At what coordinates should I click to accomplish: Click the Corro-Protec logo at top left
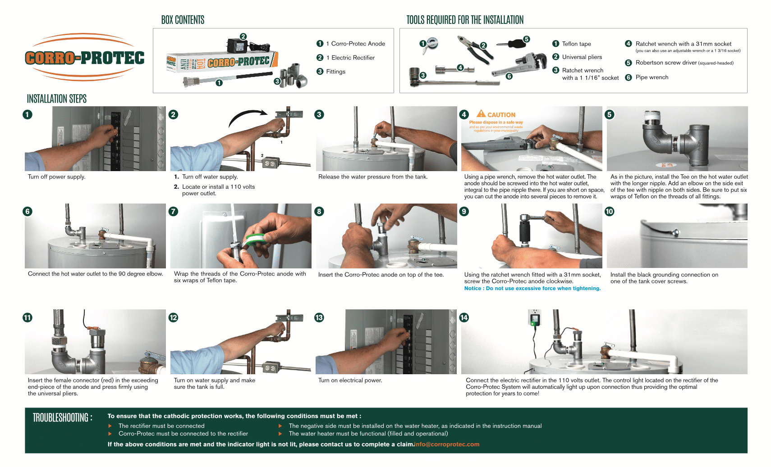[85, 58]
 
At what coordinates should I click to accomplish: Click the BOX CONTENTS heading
[183, 20]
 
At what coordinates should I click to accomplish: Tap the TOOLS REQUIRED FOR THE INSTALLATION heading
[465, 20]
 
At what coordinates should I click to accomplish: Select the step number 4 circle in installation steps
[464, 114]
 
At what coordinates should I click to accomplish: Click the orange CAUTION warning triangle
[481, 114]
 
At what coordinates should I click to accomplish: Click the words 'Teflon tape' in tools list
[576, 44]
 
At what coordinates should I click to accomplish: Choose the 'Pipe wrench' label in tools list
[652, 77]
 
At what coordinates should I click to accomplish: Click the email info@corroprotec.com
[447, 444]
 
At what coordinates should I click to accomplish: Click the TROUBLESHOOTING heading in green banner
[62, 417]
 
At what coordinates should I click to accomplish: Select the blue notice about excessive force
[532, 289]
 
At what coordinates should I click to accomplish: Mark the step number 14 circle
[464, 317]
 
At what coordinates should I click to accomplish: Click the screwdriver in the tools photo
[512, 44]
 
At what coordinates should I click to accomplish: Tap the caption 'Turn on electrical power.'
[350, 381]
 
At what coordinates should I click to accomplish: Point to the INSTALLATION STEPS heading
[57, 99]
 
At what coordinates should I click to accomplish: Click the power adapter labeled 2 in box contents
[236, 45]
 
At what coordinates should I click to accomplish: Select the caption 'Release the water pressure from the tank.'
[372, 177]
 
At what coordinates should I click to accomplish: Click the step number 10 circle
[609, 211]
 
